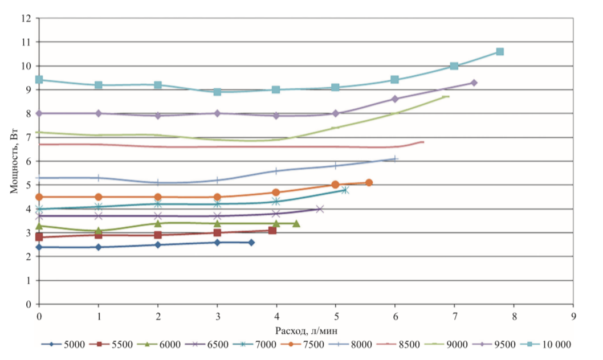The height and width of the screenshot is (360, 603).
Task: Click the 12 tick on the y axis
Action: click(x=26, y=18)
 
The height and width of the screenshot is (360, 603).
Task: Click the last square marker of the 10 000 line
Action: click(x=500, y=52)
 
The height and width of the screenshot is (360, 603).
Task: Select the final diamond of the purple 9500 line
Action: click(x=474, y=83)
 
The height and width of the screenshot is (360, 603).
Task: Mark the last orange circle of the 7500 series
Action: click(x=369, y=182)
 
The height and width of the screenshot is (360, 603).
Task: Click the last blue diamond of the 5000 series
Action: click(x=251, y=242)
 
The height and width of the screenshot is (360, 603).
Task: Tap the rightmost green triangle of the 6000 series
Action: click(x=296, y=223)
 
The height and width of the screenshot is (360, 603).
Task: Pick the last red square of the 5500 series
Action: click(x=272, y=230)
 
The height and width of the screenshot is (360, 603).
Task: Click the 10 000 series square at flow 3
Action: click(x=217, y=92)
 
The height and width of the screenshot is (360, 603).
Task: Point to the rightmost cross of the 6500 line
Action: click(x=320, y=209)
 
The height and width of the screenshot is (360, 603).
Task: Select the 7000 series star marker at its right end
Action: click(x=345, y=190)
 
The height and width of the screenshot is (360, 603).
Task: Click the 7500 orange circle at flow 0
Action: click(x=39, y=197)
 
